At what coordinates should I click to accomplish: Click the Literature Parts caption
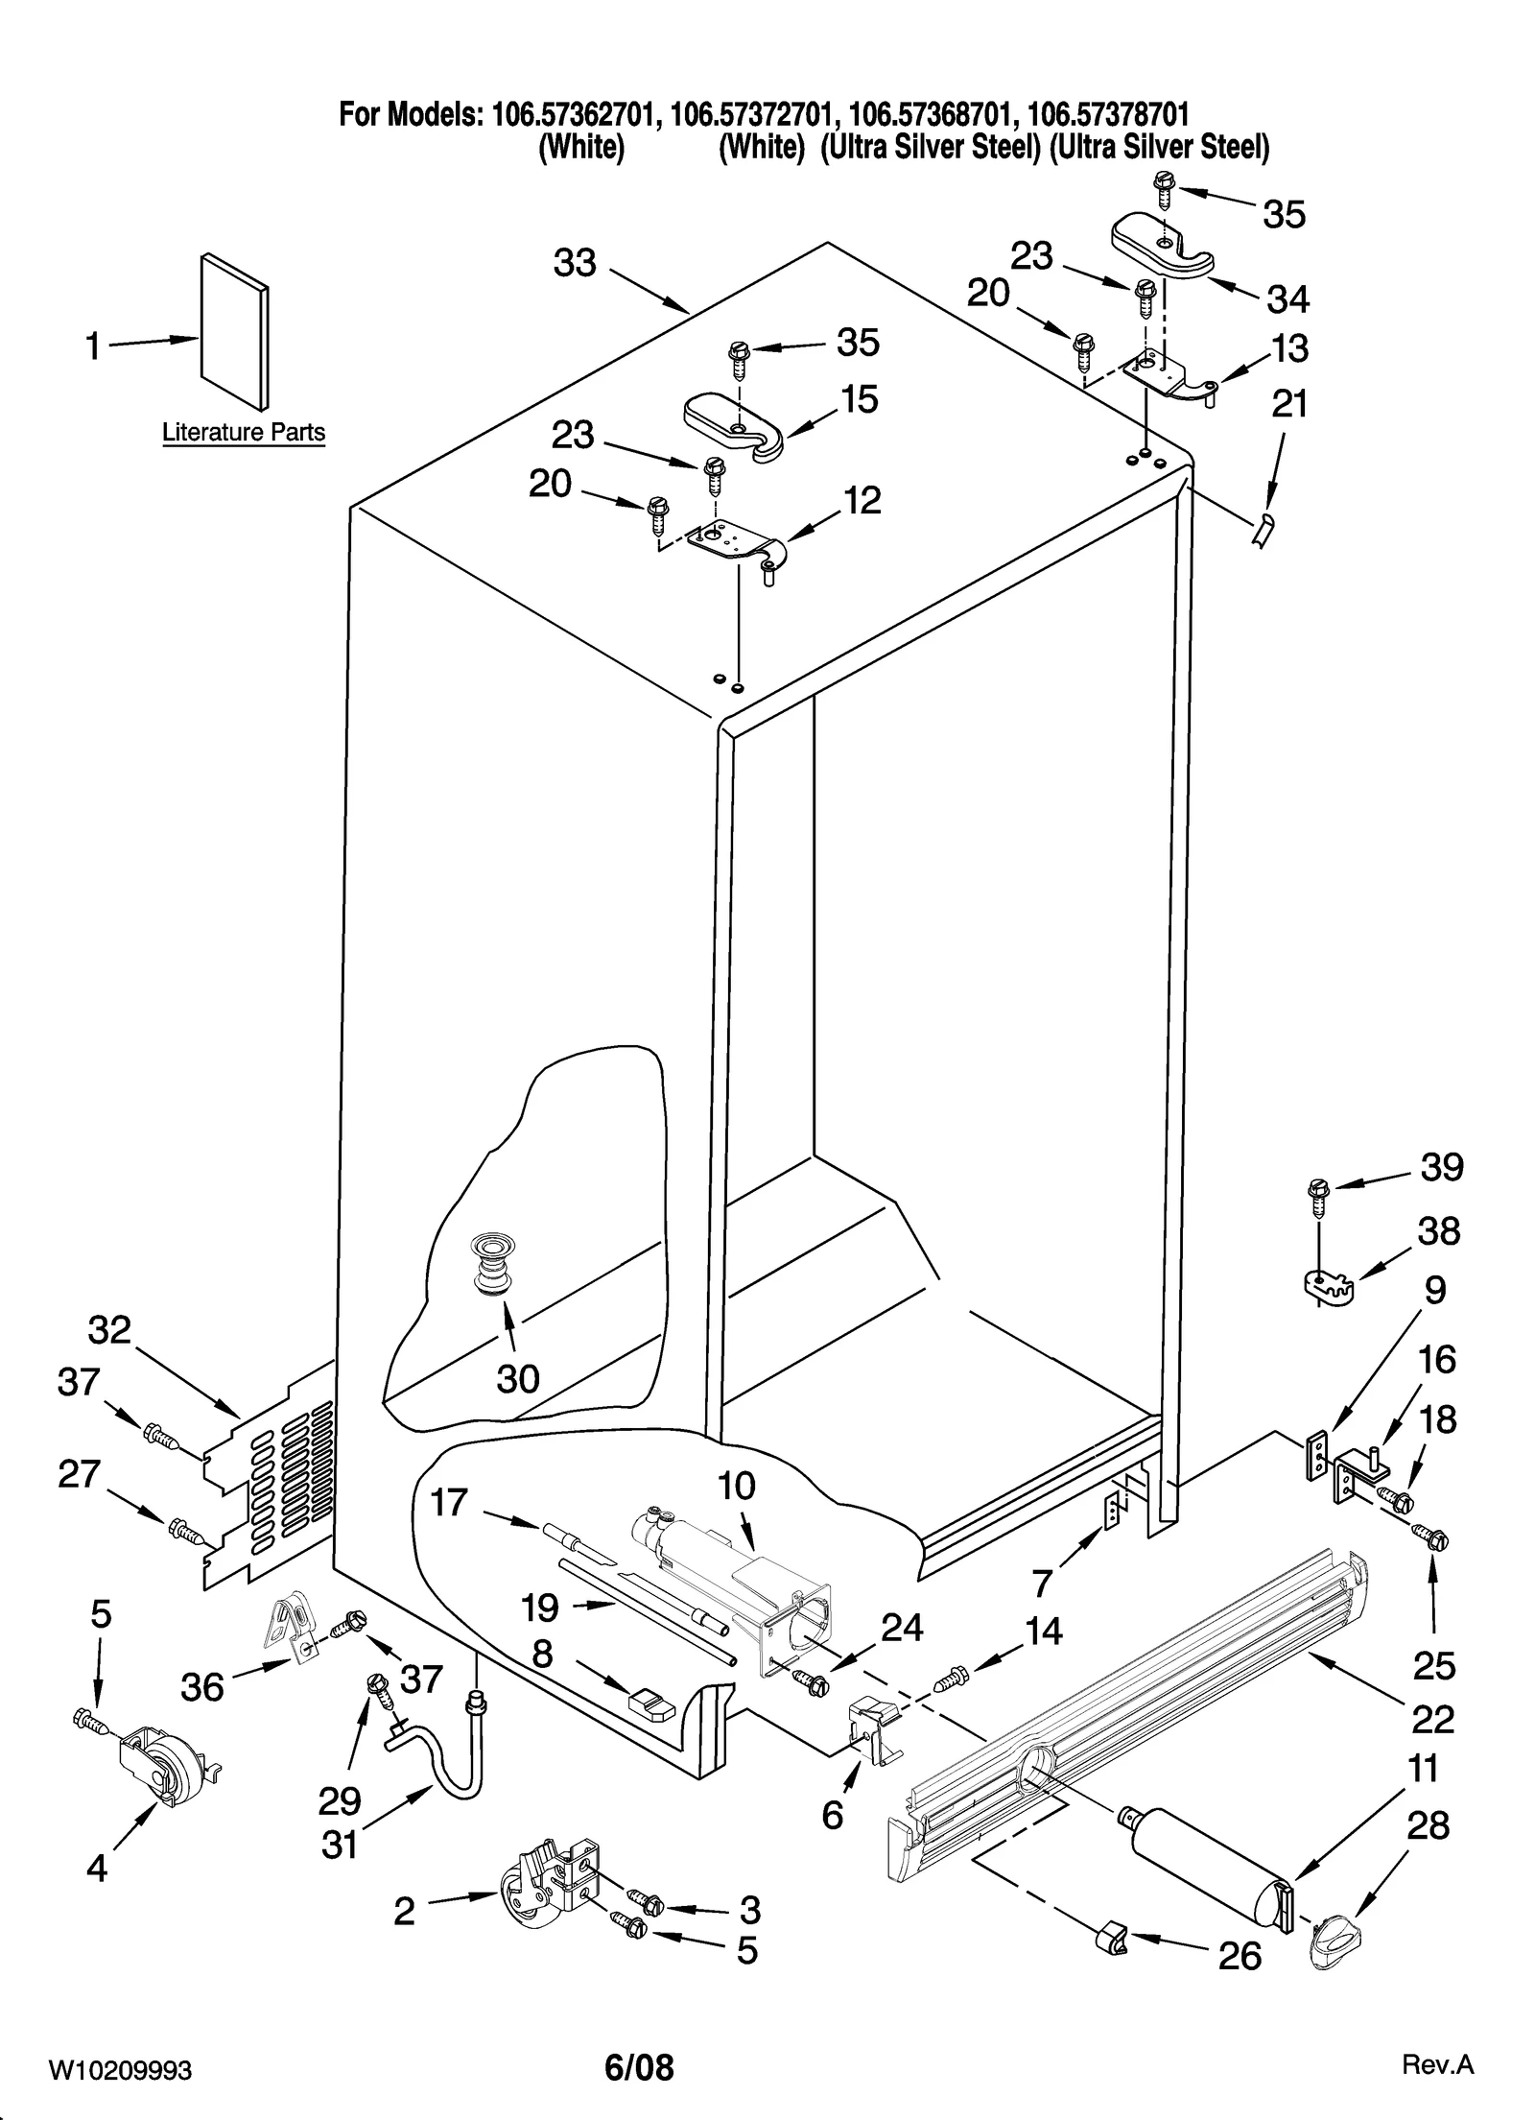tap(244, 432)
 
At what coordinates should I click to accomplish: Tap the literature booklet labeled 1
tap(234, 329)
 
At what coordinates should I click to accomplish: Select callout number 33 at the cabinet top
tap(575, 262)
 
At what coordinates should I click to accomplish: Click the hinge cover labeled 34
tap(1161, 247)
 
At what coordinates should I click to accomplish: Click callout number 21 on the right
tap(1288, 404)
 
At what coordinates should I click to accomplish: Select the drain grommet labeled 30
tap(492, 1268)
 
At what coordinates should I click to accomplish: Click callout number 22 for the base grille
tap(1433, 1718)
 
